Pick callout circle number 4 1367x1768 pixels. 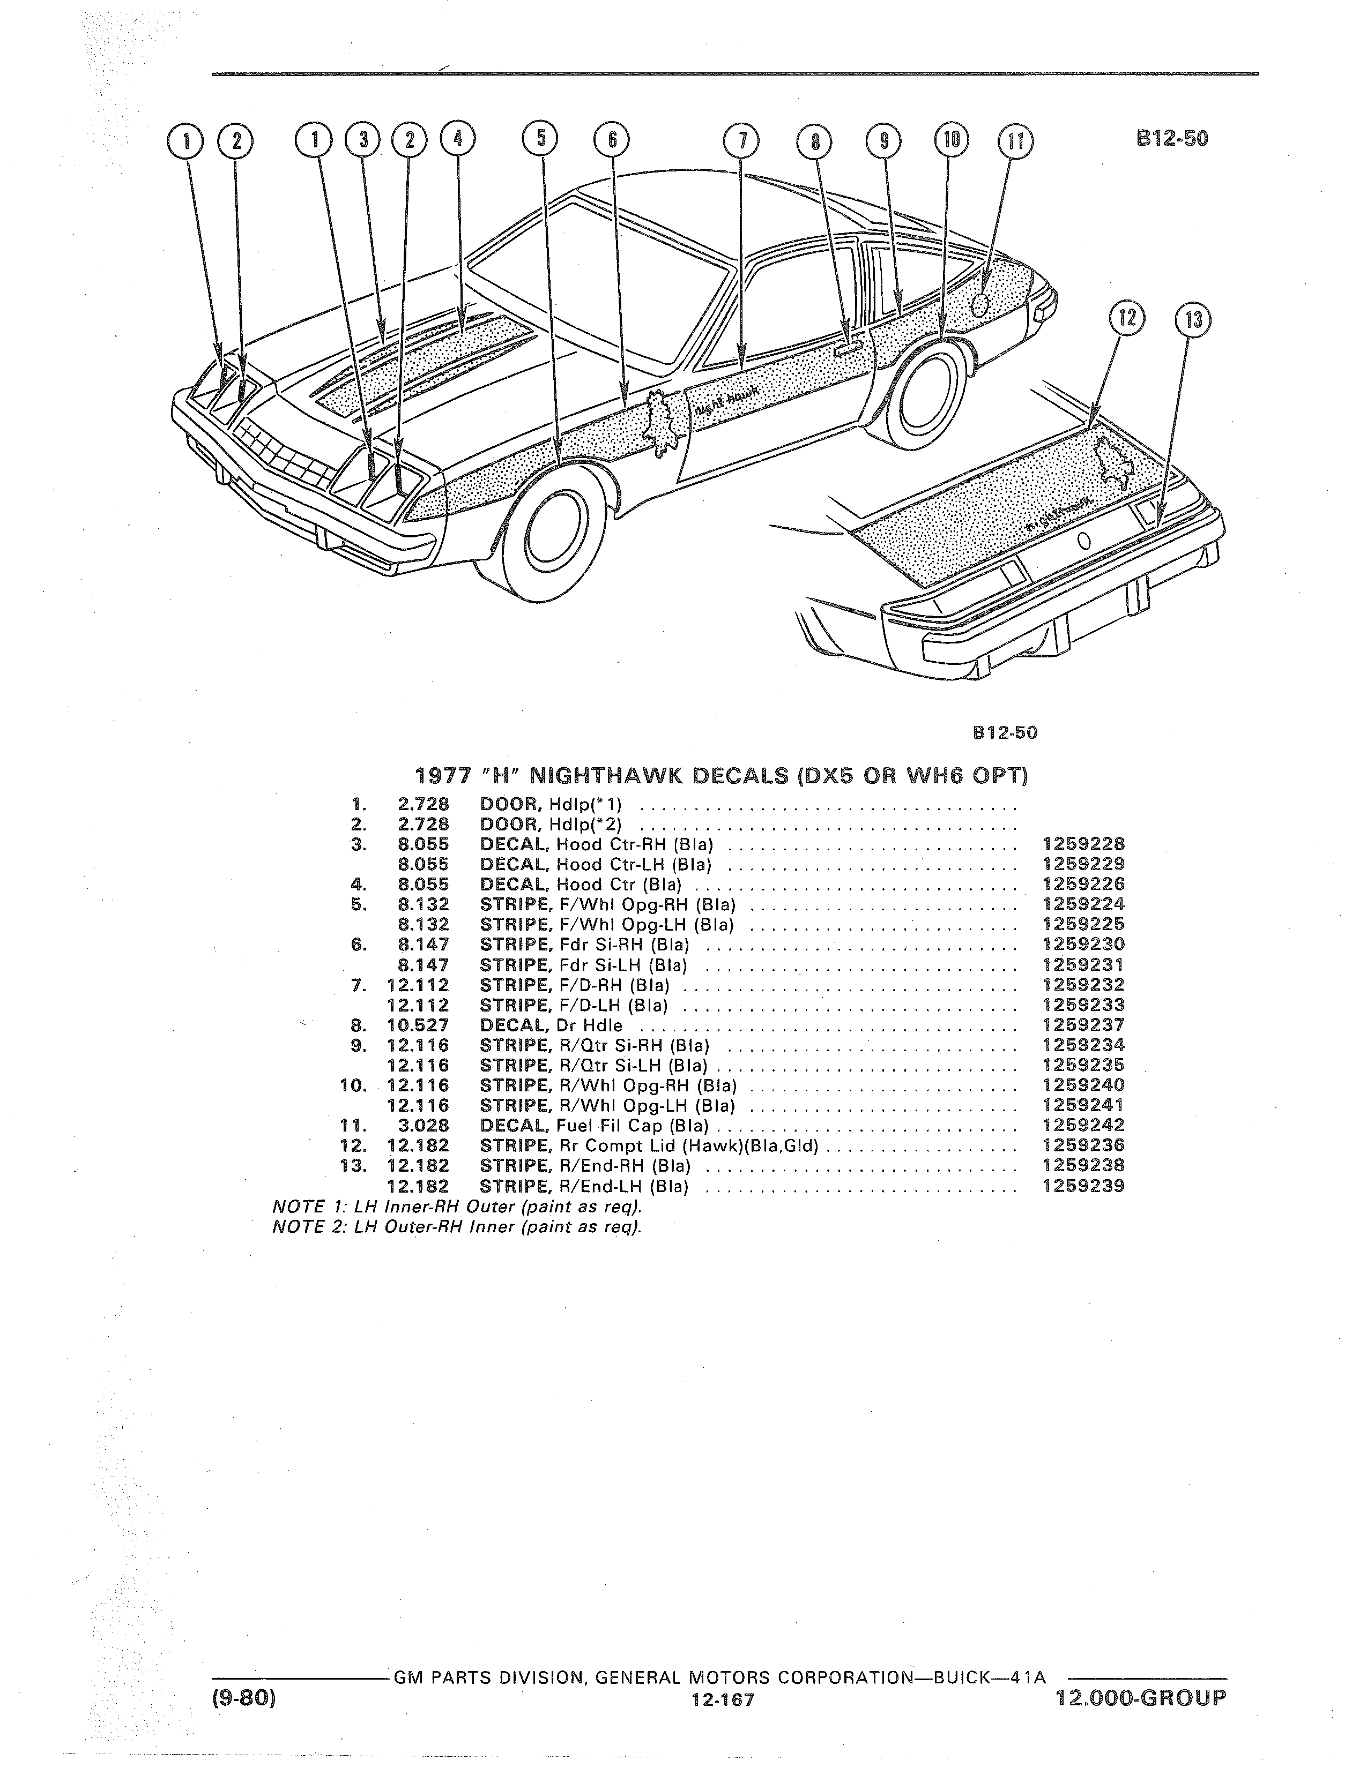[458, 140]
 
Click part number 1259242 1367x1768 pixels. [1083, 1125]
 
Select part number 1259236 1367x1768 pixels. [1083, 1145]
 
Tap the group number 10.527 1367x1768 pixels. [418, 1025]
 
